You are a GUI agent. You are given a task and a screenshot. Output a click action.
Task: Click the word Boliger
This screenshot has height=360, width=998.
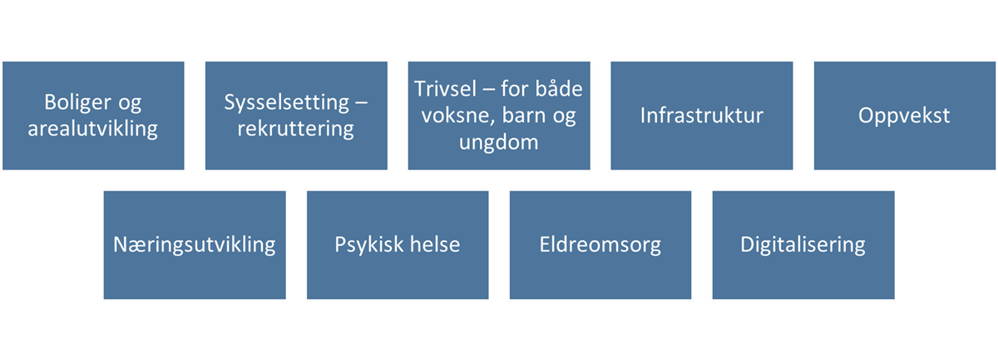tap(77, 103)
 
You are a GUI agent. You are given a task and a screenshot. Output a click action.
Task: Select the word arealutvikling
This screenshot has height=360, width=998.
tap(92, 129)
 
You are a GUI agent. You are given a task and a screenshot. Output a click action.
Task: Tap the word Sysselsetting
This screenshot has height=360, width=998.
tap(286, 103)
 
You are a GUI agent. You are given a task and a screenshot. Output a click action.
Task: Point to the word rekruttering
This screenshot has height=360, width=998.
tap(296, 129)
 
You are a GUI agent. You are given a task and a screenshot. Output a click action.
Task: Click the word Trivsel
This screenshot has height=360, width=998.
tap(445, 89)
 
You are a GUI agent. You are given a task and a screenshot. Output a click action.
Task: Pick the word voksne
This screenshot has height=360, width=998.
tap(458, 116)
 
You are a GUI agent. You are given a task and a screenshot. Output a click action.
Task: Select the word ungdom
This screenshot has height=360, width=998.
tap(498, 142)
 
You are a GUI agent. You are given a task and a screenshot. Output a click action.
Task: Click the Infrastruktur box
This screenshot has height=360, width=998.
tap(702, 116)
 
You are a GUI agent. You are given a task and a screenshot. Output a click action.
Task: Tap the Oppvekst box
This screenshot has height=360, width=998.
tap(905, 116)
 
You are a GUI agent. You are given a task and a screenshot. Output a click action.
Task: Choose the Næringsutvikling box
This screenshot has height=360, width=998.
tap(195, 245)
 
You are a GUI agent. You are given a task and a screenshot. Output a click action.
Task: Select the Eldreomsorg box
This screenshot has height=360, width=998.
tap(600, 245)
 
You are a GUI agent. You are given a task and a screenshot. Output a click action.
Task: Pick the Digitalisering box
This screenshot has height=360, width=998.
tap(803, 245)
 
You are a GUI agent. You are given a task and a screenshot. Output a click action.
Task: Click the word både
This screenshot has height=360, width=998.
tap(559, 89)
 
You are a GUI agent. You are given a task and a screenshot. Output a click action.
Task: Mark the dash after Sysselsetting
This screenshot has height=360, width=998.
tap(361, 103)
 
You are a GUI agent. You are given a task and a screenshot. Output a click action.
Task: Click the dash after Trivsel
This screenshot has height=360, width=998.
tap(489, 90)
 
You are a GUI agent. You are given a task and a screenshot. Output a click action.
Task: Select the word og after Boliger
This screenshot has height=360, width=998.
tap(130, 104)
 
